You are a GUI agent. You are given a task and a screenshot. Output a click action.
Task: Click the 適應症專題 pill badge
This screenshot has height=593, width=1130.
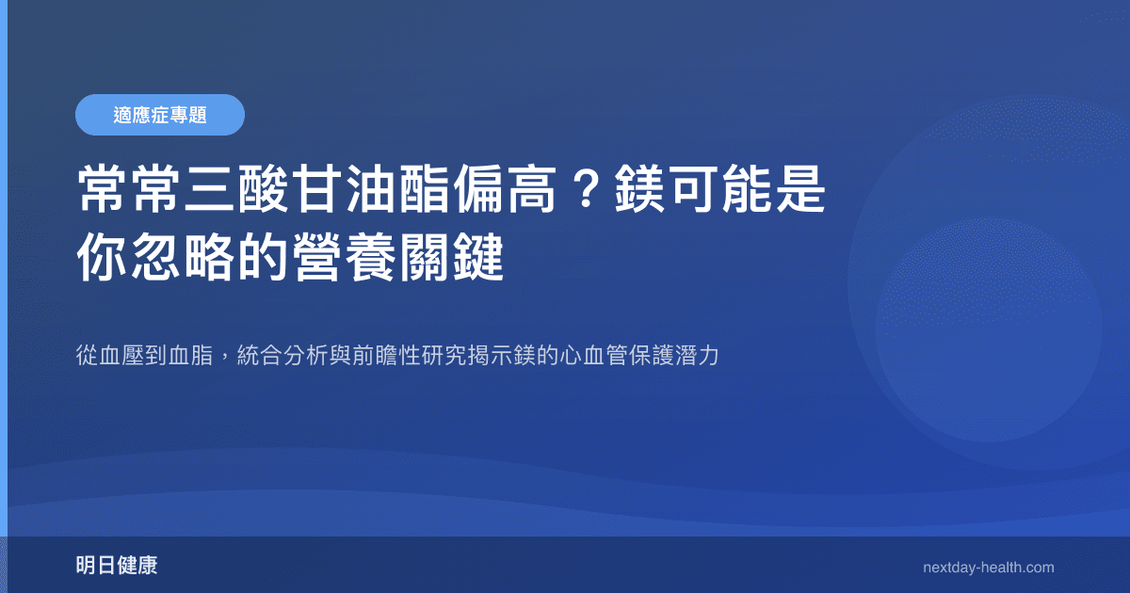tap(160, 115)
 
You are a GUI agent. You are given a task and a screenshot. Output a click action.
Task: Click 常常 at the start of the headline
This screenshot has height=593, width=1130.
tap(129, 191)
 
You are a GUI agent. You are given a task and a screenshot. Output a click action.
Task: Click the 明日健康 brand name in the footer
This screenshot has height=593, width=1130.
tap(117, 566)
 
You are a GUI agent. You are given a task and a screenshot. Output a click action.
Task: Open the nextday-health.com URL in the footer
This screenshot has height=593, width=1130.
tap(989, 568)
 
